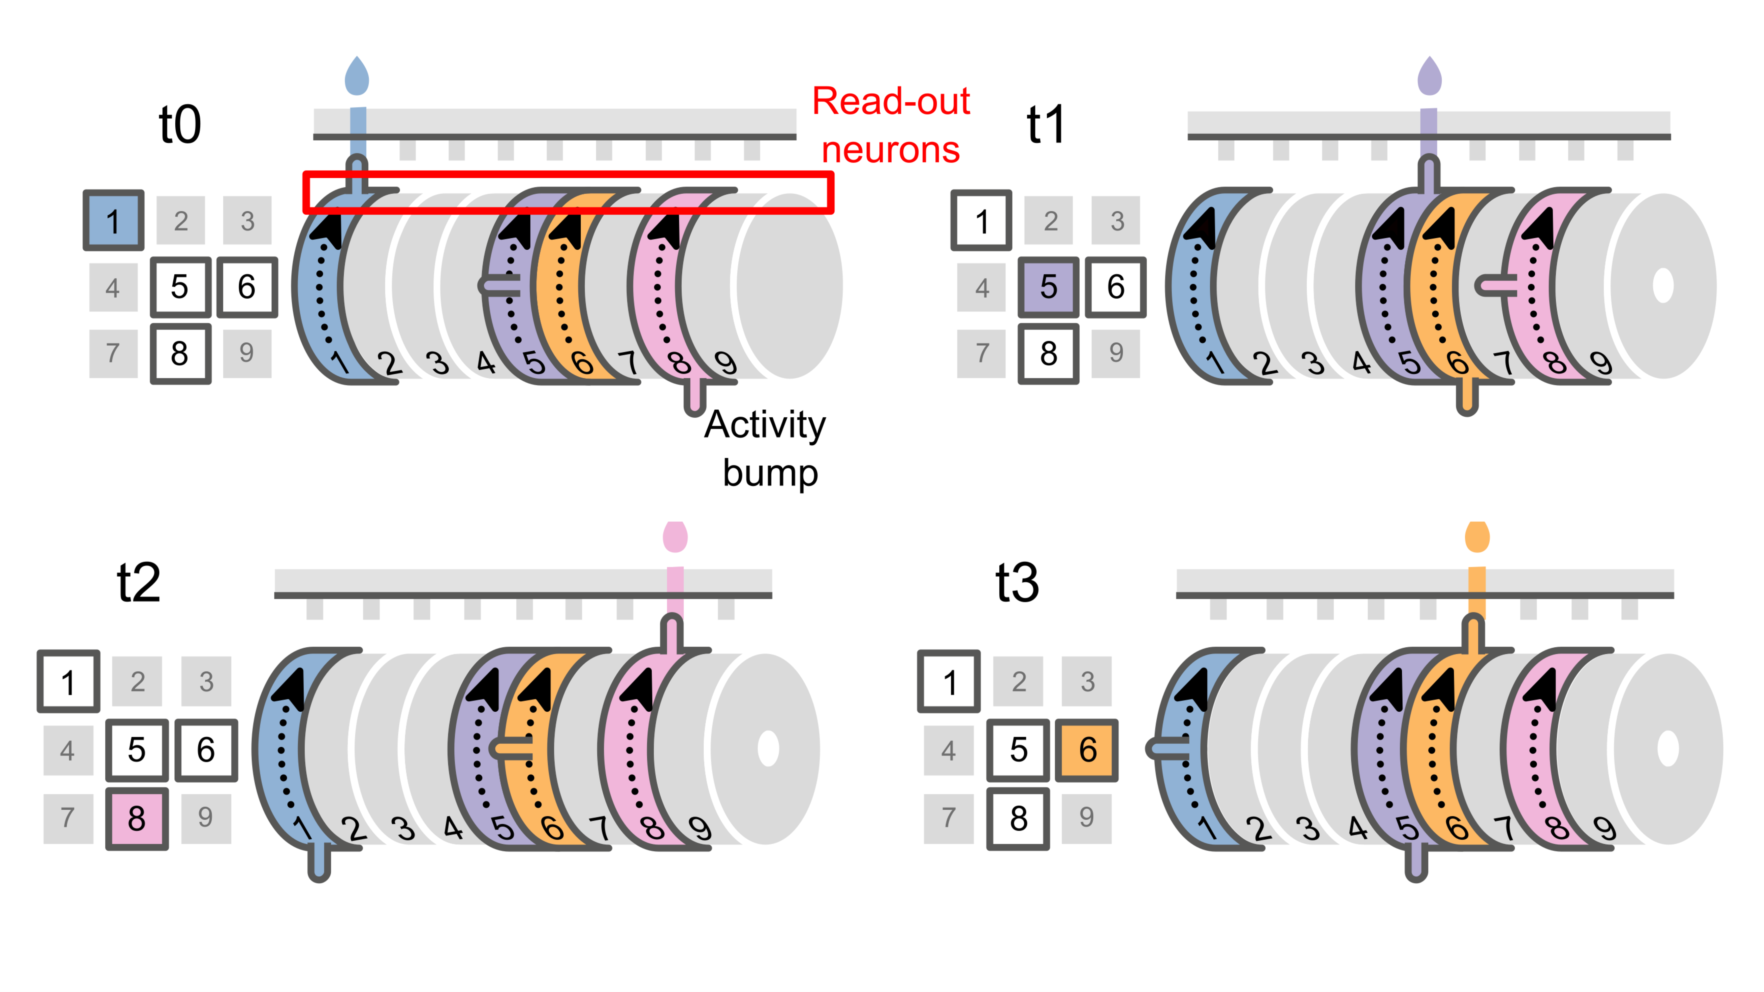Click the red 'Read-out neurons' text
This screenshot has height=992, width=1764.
(890, 125)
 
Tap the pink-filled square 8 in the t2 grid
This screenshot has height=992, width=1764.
(137, 818)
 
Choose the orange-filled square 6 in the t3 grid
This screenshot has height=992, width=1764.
(1087, 750)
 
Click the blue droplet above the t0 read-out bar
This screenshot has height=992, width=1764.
(357, 77)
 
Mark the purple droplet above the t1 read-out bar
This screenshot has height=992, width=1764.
(1429, 77)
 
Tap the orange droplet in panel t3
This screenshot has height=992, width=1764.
(1477, 537)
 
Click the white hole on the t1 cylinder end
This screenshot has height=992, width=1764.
(1663, 285)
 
